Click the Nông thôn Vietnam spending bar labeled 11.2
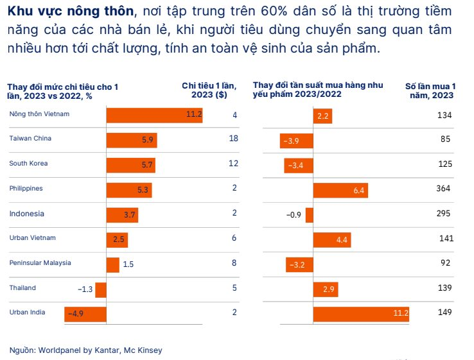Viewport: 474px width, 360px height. tap(154, 115)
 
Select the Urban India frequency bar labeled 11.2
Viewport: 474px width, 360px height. tap(361, 313)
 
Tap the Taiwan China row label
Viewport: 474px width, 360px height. tap(30, 139)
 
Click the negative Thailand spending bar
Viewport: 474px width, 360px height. tap(101, 289)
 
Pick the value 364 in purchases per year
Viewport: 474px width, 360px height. tap(443, 189)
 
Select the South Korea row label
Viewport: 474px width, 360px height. tap(28, 164)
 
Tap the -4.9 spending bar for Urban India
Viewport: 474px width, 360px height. tap(85, 314)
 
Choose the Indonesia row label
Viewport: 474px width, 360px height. tap(26, 214)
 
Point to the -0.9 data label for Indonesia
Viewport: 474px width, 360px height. tap(294, 214)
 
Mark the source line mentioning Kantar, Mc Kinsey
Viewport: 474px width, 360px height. tap(85, 350)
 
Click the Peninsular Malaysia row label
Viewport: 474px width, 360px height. tap(40, 263)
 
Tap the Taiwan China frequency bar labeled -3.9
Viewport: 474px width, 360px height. tap(297, 140)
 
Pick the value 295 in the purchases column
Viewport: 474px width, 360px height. tap(443, 214)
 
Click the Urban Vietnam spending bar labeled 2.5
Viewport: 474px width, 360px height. tap(117, 239)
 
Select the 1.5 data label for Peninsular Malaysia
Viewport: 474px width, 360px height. tap(128, 264)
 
